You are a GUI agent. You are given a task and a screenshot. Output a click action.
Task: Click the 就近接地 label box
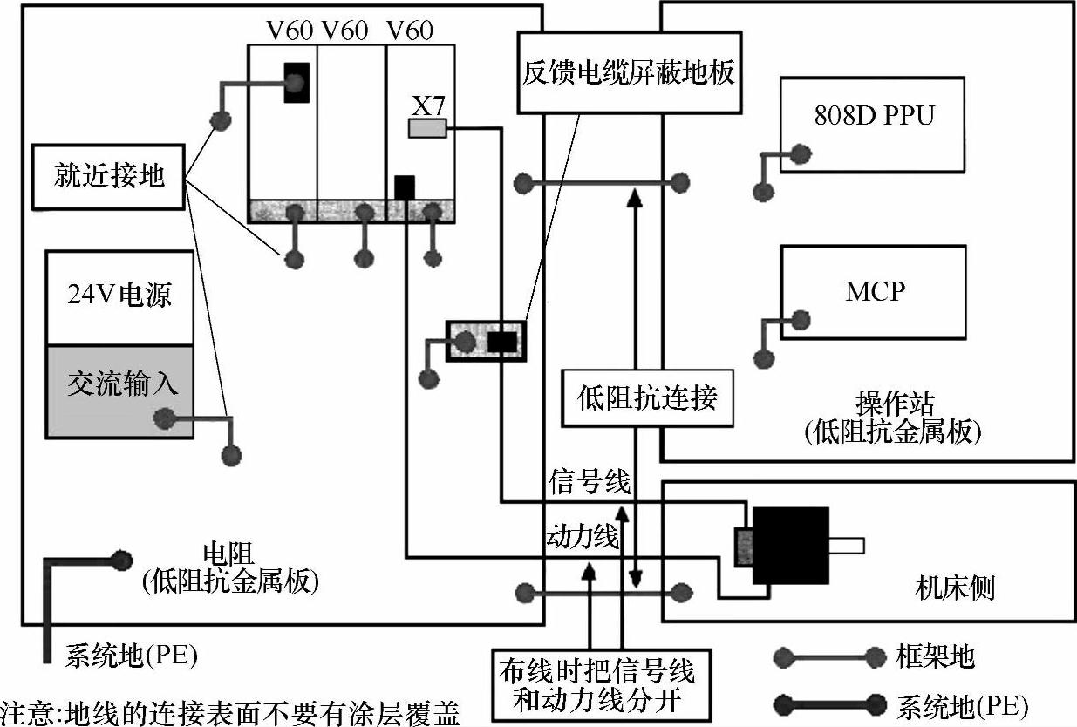(x=109, y=177)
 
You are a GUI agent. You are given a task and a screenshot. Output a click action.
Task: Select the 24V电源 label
(x=119, y=295)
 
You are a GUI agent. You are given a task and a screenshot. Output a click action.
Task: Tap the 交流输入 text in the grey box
(x=122, y=384)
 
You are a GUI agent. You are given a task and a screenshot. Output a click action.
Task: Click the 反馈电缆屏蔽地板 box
(x=630, y=72)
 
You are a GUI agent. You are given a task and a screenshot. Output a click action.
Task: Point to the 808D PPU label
(x=874, y=115)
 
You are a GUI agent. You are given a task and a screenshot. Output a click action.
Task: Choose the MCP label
(x=875, y=291)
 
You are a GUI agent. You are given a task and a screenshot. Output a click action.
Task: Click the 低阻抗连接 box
(x=647, y=398)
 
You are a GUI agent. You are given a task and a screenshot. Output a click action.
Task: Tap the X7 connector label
(x=428, y=105)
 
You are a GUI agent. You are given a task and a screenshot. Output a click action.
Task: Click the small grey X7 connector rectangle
(x=427, y=128)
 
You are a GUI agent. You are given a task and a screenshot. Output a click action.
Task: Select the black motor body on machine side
(x=791, y=546)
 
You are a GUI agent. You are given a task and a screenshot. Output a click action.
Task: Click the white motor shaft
(x=847, y=546)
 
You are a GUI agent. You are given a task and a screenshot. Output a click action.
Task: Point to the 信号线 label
(x=590, y=481)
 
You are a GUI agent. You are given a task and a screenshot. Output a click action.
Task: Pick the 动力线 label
(x=583, y=536)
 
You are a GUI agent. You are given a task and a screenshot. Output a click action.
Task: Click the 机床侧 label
(x=955, y=588)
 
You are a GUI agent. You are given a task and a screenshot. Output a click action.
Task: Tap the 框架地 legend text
(x=935, y=656)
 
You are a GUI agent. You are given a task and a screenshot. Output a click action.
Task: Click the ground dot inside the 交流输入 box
(x=165, y=418)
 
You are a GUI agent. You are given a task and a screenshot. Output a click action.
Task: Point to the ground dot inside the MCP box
(x=801, y=320)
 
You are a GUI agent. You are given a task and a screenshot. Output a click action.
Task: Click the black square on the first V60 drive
(x=297, y=83)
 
